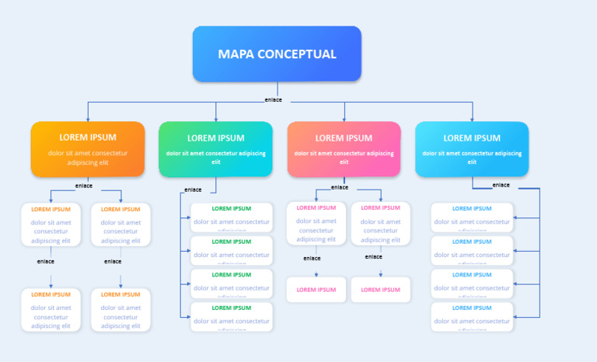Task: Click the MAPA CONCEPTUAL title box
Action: coord(277,54)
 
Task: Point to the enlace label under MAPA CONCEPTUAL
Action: coord(273,99)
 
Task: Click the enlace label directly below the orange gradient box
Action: coord(83,186)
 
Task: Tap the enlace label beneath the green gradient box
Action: coord(193,190)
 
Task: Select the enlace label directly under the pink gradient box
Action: coord(340,187)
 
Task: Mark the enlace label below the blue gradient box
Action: coord(501,185)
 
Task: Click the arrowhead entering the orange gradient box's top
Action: coord(88,119)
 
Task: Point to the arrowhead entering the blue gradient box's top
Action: coord(472,119)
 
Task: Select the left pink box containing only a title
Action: coord(316,290)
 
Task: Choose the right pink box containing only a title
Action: coord(380,290)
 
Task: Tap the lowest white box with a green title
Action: coord(232,315)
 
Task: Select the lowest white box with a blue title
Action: coord(472,315)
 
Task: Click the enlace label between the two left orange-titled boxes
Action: coord(46,262)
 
